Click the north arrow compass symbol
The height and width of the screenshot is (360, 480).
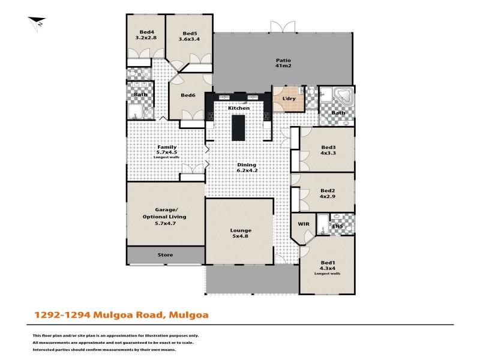(x=37, y=22)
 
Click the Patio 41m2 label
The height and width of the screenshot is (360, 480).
(x=283, y=63)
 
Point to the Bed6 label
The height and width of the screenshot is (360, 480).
(x=188, y=95)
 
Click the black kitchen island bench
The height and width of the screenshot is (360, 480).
(x=239, y=127)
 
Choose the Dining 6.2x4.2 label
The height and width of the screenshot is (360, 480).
(x=246, y=167)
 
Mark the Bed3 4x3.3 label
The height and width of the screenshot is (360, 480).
(x=328, y=150)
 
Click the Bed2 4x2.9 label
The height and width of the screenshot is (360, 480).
(x=328, y=193)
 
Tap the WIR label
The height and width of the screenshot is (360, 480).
(x=303, y=224)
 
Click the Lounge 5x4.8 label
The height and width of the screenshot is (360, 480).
(x=241, y=233)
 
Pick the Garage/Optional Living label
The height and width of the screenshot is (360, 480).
(x=165, y=216)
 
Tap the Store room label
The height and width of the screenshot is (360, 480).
(x=165, y=255)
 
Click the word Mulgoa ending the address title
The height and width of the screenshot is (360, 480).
(x=189, y=314)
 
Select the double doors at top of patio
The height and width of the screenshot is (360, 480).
(x=283, y=27)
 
